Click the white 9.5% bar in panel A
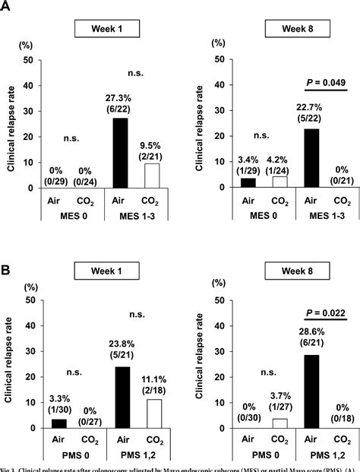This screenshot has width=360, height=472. [x=151, y=176]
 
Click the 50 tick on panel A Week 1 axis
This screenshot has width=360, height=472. [x=28, y=60]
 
